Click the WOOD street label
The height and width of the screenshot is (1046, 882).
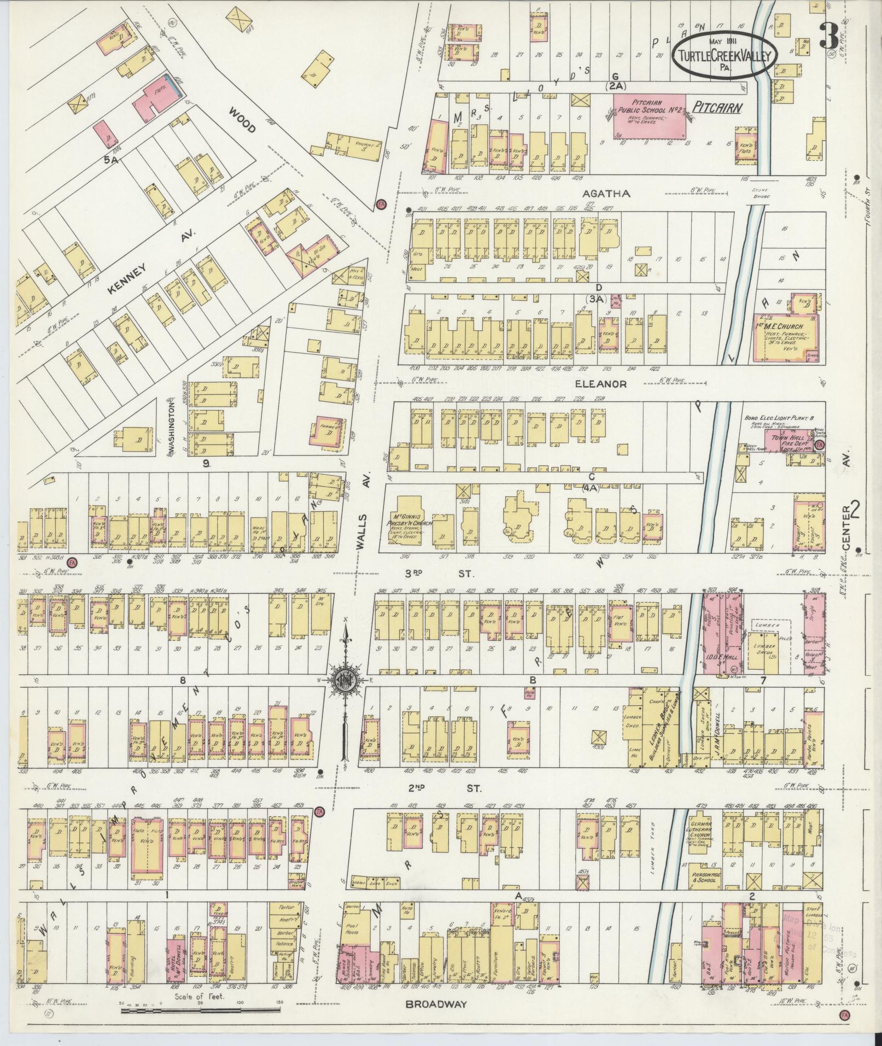pyautogui.click(x=242, y=120)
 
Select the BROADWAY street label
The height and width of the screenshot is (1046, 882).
pyautogui.click(x=436, y=1004)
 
